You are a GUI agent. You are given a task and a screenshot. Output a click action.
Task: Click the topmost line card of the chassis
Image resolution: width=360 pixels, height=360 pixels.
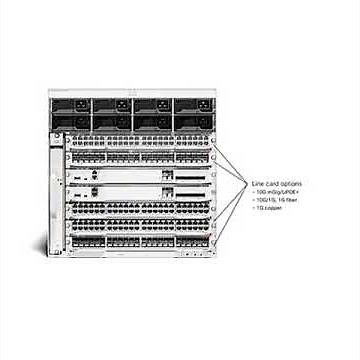pos(140,142)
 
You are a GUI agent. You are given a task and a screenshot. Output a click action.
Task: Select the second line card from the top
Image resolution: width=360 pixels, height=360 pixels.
pos(140,157)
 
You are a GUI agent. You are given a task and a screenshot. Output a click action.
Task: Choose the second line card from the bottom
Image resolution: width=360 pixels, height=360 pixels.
pos(140,224)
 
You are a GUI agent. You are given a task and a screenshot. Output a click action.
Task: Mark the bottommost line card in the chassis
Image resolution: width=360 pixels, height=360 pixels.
pos(140,242)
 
